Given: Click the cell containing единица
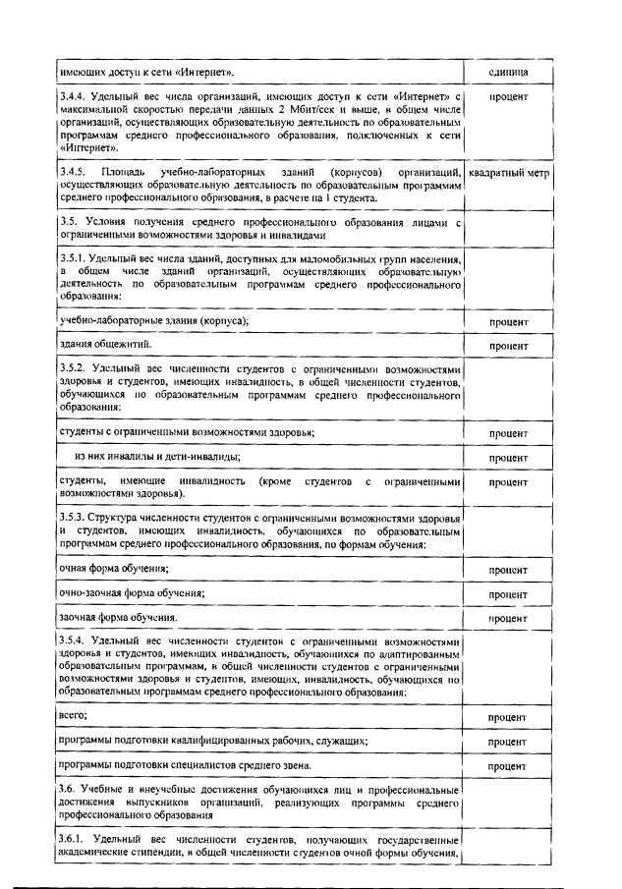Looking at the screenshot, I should pyautogui.click(x=508, y=73).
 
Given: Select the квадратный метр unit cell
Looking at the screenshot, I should pyautogui.click(x=508, y=174).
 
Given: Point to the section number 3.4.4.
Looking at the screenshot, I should pyautogui.click(x=73, y=98).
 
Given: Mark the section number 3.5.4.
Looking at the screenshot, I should pyautogui.click(x=73, y=641).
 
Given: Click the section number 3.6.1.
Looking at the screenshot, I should pyautogui.click(x=73, y=840).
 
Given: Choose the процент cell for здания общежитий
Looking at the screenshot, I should pyautogui.click(x=508, y=347).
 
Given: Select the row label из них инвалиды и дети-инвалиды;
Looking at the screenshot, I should pyautogui.click(x=158, y=457).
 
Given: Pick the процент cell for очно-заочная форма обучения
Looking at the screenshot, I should pyautogui.click(x=508, y=594).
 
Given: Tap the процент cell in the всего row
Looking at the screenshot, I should pyautogui.click(x=508, y=718).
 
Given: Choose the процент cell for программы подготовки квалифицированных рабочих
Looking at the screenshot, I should pyautogui.click(x=508, y=742).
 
